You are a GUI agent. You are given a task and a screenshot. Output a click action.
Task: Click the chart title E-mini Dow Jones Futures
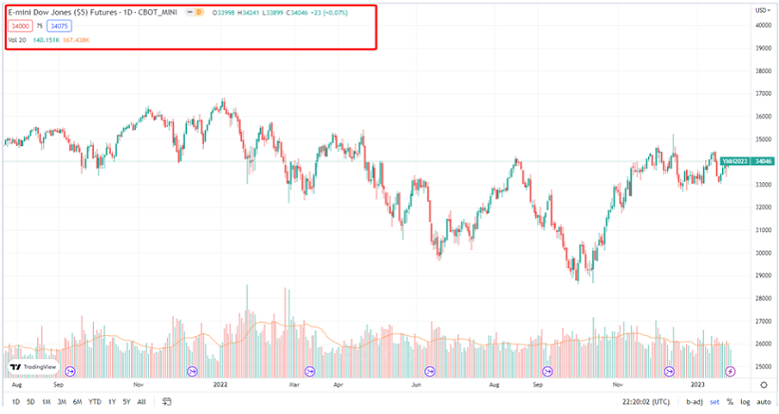(x=61, y=11)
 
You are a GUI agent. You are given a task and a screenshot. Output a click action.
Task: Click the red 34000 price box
(x=21, y=26)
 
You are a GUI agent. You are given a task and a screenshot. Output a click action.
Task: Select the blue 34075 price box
(x=59, y=26)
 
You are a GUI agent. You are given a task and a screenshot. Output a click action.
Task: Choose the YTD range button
(x=94, y=401)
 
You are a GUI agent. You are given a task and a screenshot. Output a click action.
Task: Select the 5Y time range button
(x=126, y=401)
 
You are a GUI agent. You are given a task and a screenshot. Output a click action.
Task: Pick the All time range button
(x=141, y=401)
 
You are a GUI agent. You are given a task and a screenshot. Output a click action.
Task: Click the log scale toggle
(x=745, y=401)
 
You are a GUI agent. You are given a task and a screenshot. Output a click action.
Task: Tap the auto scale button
(x=764, y=401)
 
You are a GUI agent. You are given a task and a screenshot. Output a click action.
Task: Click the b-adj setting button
(x=694, y=401)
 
